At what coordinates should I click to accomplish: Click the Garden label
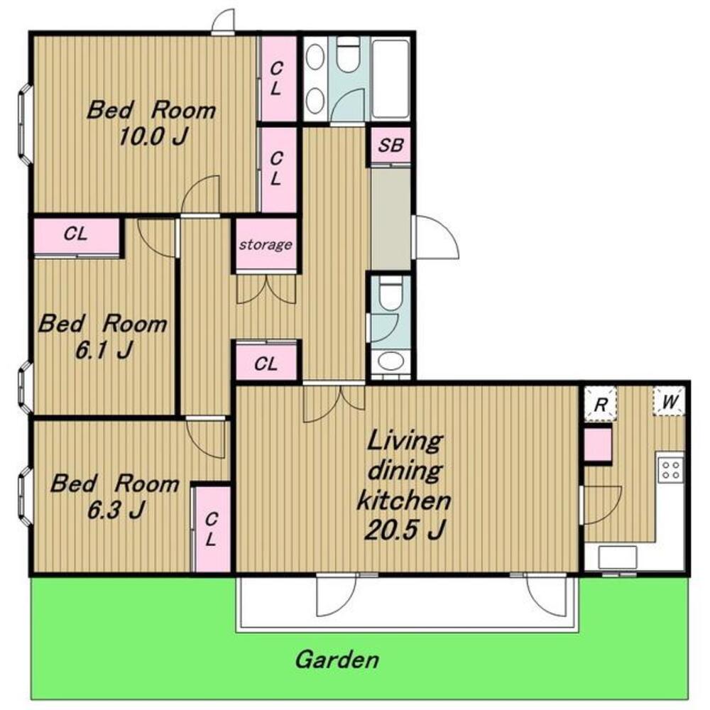pyautogui.click(x=337, y=660)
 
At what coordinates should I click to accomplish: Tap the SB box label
pyautogui.click(x=390, y=146)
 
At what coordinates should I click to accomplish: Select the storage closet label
pyautogui.click(x=266, y=245)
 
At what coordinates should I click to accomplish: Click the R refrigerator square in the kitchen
pyautogui.click(x=600, y=403)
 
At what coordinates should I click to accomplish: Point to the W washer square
pyautogui.click(x=669, y=401)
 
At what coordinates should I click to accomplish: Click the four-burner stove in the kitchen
pyautogui.click(x=671, y=469)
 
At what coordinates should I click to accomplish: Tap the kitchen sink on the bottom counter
pyautogui.click(x=618, y=557)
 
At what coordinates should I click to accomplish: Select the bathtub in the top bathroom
pyautogui.click(x=390, y=79)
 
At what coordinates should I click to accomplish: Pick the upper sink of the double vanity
pyautogui.click(x=315, y=57)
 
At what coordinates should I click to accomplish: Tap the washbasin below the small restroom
pyautogui.click(x=390, y=361)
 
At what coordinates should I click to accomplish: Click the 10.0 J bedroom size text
pyautogui.click(x=153, y=136)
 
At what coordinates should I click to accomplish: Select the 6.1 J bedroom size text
pyautogui.click(x=104, y=349)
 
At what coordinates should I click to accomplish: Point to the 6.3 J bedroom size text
pyautogui.click(x=116, y=510)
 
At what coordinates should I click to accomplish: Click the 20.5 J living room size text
pyautogui.click(x=405, y=530)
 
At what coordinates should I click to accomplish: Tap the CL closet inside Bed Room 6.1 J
pyautogui.click(x=77, y=236)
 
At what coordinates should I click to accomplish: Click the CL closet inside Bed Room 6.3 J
pyautogui.click(x=212, y=530)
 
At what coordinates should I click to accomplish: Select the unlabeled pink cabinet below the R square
pyautogui.click(x=597, y=445)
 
